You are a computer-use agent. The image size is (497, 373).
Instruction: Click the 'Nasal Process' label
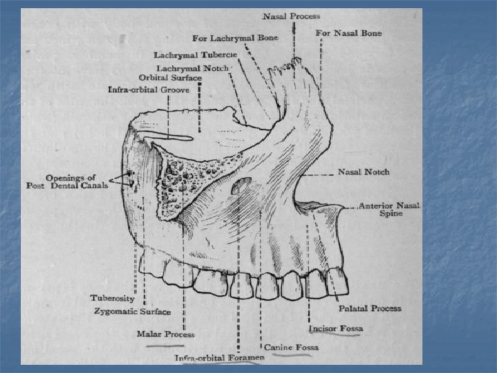tap(291, 15)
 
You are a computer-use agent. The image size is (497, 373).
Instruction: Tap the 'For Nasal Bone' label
tap(349, 32)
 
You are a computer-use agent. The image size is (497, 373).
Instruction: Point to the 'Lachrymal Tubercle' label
tap(195, 54)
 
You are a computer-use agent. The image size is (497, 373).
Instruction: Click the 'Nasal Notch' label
tap(363, 172)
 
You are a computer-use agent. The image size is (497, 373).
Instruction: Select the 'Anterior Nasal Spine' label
tap(390, 209)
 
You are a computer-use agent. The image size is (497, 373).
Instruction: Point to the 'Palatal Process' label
tap(369, 308)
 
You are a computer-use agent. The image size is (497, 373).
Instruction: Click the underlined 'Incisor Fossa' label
tap(335, 328)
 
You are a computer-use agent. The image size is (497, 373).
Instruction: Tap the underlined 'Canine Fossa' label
tap(291, 346)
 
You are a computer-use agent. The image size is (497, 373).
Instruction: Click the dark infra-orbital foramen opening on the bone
tap(242, 184)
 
